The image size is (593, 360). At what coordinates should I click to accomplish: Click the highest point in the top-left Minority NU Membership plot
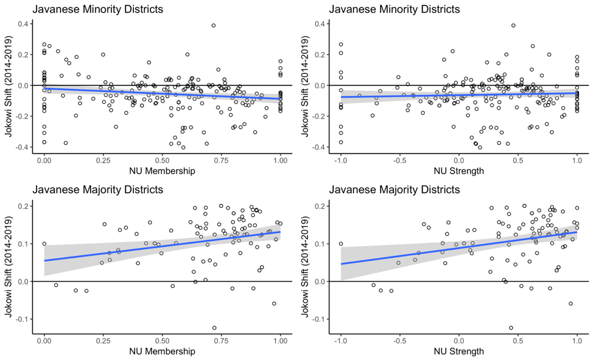click(214, 26)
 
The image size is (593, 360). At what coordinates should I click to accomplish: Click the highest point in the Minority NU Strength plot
click(513, 26)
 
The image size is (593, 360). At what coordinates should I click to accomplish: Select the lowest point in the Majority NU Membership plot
click(214, 328)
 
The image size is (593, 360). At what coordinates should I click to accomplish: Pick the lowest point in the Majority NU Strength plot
click(511, 328)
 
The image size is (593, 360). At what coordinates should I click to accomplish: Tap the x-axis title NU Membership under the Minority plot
click(163, 171)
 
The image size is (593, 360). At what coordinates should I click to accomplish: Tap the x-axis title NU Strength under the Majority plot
click(459, 351)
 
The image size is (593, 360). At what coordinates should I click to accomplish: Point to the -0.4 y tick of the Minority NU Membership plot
click(24, 147)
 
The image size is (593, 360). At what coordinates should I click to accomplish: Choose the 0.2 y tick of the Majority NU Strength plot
click(321, 206)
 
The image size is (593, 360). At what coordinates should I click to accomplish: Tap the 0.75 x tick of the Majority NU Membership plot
click(222, 339)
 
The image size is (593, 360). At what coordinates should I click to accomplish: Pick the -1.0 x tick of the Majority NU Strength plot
click(341, 339)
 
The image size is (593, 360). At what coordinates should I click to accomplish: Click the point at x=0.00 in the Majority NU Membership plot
click(44, 244)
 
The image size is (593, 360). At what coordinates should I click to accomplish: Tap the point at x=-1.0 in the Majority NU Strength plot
click(341, 244)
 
